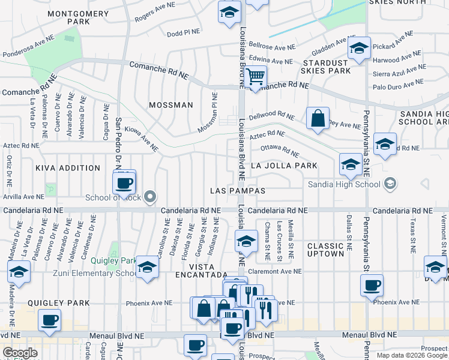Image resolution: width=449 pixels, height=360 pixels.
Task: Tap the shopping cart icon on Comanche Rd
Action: point(256,77)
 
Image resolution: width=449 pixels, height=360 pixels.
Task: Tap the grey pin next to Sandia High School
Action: point(390,183)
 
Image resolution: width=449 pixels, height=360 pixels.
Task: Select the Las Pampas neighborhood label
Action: point(238,190)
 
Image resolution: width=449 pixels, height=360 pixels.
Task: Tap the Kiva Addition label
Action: point(68,169)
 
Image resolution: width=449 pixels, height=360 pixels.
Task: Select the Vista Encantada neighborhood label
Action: point(202,270)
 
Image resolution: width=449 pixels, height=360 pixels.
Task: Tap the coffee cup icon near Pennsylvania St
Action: point(372,284)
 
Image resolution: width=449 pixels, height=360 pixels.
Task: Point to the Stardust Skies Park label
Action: point(327,67)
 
